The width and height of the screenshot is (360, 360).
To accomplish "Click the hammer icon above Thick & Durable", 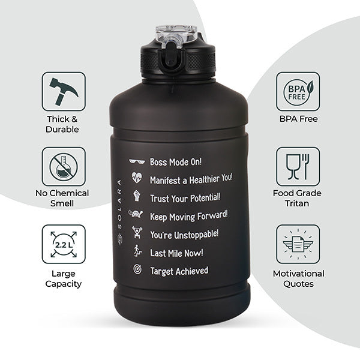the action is pyautogui.click(x=63, y=91).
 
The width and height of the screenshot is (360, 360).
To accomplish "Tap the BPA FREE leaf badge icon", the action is pyautogui.click(x=298, y=92).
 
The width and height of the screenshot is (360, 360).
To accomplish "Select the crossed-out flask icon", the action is pyautogui.click(x=64, y=167).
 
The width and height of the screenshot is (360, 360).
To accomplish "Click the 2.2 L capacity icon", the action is pyautogui.click(x=64, y=244).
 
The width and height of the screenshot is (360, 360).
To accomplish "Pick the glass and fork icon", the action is pyautogui.click(x=298, y=167).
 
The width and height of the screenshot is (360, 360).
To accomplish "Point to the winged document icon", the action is pyautogui.click(x=298, y=244).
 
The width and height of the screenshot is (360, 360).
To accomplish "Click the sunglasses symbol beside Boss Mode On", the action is pyautogui.click(x=137, y=161).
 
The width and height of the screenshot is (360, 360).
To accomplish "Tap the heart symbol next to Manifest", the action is pyautogui.click(x=137, y=178).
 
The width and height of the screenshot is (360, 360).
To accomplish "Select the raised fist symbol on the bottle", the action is pyautogui.click(x=137, y=196).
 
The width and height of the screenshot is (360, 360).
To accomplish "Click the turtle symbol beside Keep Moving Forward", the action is pyautogui.click(x=136, y=214).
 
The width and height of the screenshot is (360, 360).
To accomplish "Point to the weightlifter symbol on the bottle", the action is pyautogui.click(x=137, y=232).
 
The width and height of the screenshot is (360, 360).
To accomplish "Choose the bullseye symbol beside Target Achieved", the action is pyautogui.click(x=137, y=269).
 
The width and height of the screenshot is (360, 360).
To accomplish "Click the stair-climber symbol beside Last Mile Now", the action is pyautogui.click(x=138, y=250).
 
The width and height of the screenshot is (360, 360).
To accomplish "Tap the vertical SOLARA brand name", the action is pyautogui.click(x=119, y=212).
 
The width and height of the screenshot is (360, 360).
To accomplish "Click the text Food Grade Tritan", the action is pyautogui.click(x=297, y=198).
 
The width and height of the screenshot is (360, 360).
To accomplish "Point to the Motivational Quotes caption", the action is pyautogui.click(x=298, y=279).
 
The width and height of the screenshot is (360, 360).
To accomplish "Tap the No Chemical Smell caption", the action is pyautogui.click(x=62, y=198).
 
